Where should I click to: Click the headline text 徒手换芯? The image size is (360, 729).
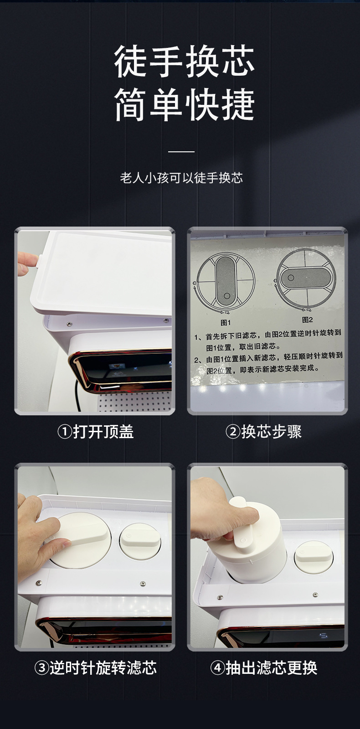[x=184, y=62]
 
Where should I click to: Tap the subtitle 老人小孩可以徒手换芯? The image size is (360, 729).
[x=181, y=178]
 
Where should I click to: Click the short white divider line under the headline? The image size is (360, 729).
[x=181, y=152]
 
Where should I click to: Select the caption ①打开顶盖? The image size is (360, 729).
[x=95, y=432]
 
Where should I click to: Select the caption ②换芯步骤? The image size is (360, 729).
[x=263, y=432]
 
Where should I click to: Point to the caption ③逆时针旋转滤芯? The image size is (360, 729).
[x=95, y=668]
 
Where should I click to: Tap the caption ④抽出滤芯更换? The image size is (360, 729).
[x=263, y=668]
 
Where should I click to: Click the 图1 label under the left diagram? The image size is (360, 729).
[x=226, y=322]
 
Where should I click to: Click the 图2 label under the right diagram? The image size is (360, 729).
[x=307, y=320]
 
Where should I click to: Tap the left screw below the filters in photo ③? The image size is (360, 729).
[x=38, y=582]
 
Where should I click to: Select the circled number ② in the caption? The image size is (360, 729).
[x=233, y=432]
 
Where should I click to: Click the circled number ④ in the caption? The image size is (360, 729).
[x=217, y=668]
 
